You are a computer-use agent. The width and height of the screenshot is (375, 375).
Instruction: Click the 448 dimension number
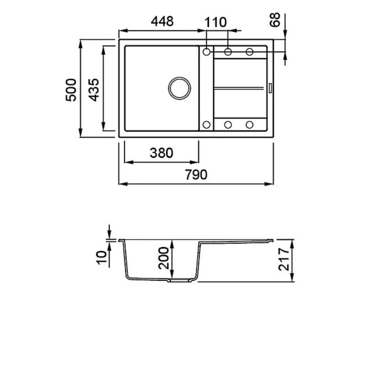[x=162, y=21]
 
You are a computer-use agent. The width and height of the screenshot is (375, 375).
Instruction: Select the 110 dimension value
[x=215, y=22]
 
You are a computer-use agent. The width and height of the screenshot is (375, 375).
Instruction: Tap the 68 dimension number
[x=275, y=20]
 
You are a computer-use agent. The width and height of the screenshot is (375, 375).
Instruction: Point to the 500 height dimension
[x=71, y=90]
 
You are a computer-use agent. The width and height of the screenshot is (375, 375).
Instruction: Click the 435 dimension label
[x=94, y=90]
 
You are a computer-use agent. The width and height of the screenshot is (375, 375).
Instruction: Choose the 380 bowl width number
[x=161, y=153]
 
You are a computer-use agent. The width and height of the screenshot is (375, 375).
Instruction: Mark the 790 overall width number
[x=196, y=174]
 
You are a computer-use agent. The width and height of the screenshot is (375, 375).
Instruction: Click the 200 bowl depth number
[x=164, y=258]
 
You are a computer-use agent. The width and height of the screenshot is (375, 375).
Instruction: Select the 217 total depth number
[x=284, y=260]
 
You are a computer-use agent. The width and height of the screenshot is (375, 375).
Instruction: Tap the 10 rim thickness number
[x=101, y=257]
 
